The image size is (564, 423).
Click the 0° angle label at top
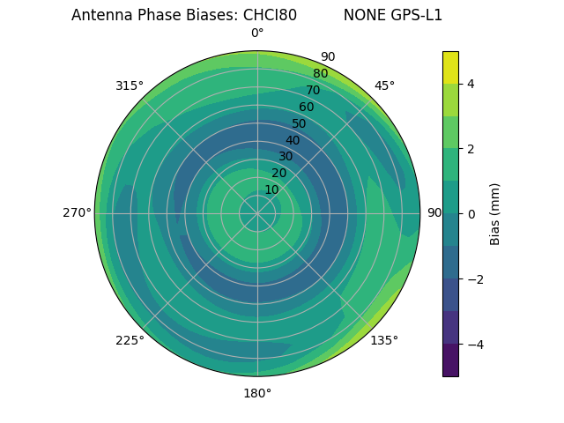(257, 33)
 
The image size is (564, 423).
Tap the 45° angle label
(384, 85)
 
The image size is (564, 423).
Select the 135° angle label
(384, 340)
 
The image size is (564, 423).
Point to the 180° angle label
(257, 393)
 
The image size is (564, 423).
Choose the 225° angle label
(130, 340)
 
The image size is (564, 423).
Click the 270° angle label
(77, 212)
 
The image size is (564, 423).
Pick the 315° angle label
(130, 85)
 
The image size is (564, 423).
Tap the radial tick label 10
(271, 190)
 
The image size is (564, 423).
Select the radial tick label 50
(300, 123)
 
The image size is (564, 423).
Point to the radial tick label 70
(313, 90)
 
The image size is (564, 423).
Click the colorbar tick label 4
(471, 84)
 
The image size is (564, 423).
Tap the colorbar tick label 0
(471, 213)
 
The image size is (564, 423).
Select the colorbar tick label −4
(474, 344)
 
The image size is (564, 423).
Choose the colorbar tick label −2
(474, 278)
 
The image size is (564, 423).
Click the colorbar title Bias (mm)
(495, 213)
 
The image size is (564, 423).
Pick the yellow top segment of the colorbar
(450, 67)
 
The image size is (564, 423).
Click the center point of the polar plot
(257, 213)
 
